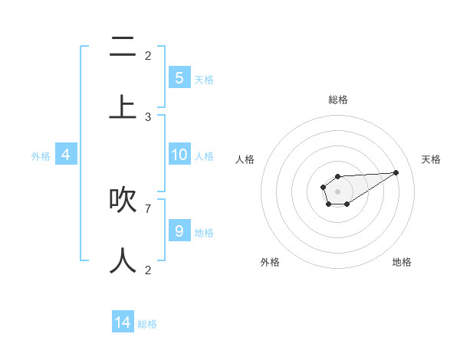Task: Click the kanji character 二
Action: click(123, 49)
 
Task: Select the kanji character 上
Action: click(123, 107)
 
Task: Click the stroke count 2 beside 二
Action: click(148, 55)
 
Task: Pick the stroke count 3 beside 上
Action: click(148, 116)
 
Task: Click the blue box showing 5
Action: click(179, 77)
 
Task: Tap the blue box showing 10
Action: click(179, 155)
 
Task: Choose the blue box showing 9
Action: click(179, 231)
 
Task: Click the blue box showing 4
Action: click(66, 155)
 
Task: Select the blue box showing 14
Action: click(123, 322)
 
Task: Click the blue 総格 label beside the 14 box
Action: click(147, 324)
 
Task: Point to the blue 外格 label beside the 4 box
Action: click(41, 156)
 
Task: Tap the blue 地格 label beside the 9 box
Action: click(204, 232)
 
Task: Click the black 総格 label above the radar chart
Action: click(338, 100)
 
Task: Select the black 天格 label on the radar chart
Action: click(432, 159)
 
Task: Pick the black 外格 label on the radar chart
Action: click(270, 262)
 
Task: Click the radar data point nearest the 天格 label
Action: click(396, 172)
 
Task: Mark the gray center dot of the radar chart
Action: click(337, 191)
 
